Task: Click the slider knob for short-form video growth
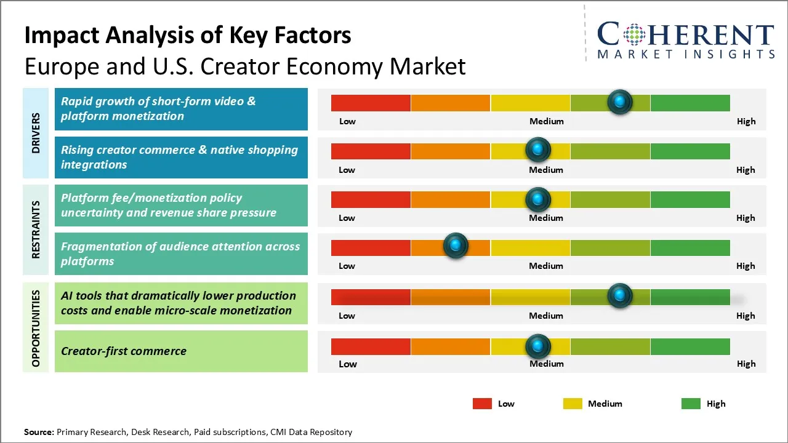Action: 620,102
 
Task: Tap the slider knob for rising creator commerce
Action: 538,150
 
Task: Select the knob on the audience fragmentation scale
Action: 456,245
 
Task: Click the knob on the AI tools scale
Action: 620,295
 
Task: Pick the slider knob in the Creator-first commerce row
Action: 538,346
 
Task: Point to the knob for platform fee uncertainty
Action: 538,199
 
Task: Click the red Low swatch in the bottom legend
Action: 482,404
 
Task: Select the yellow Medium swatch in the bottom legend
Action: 573,404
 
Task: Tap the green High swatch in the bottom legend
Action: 691,404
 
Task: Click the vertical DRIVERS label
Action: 36,133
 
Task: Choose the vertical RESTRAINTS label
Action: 36,229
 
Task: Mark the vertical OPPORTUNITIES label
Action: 36,329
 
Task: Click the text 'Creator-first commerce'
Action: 124,351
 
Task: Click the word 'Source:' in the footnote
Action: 39,432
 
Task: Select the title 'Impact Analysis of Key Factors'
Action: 188,36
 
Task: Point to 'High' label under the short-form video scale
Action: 746,121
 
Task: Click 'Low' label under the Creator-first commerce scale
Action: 348,364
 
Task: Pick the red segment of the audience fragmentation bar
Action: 371,247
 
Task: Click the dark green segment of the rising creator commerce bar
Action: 689,151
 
